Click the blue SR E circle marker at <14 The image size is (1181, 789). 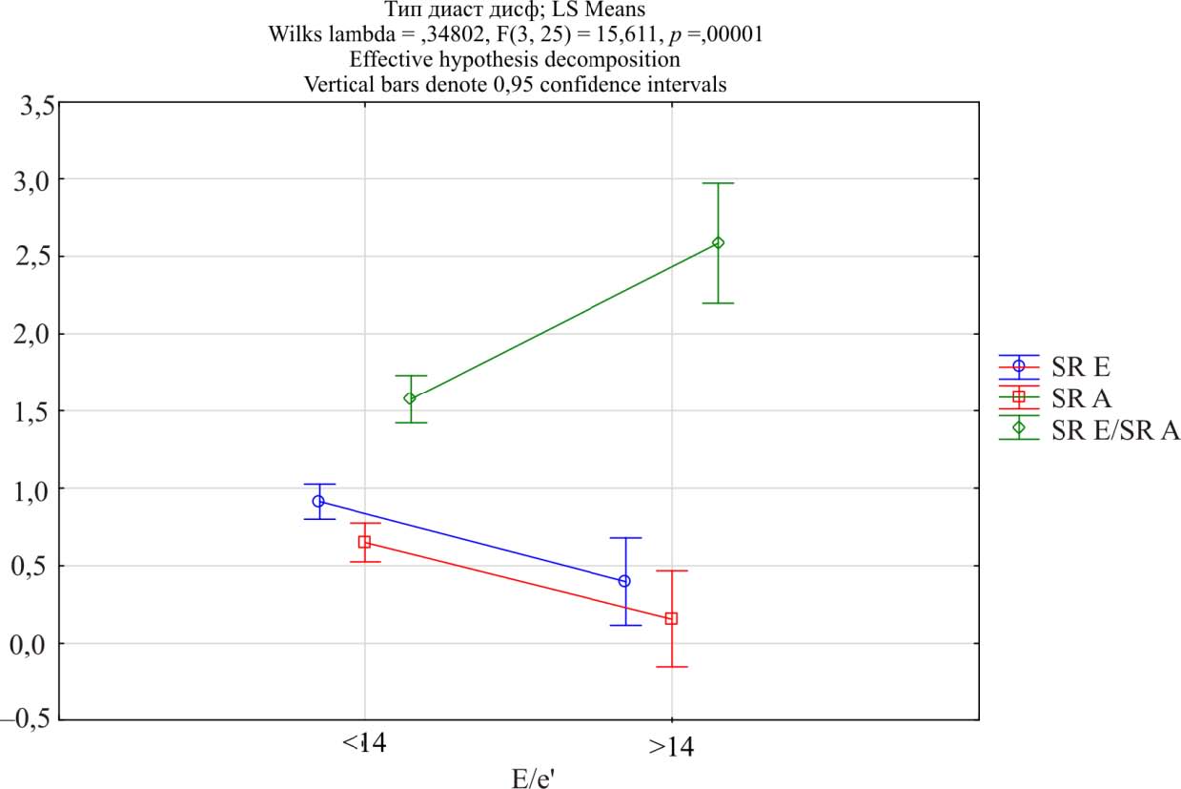point(318,501)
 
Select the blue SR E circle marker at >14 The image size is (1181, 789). point(624,581)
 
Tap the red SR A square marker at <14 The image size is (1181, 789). point(364,542)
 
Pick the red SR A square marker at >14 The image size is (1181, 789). point(671,618)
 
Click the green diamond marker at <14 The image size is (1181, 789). point(410,399)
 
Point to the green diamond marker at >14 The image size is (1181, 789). point(718,242)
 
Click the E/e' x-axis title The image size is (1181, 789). point(533,778)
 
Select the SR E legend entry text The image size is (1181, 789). point(1082,365)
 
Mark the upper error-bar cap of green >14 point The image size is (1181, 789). point(718,183)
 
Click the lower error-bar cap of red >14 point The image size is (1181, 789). point(671,667)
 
